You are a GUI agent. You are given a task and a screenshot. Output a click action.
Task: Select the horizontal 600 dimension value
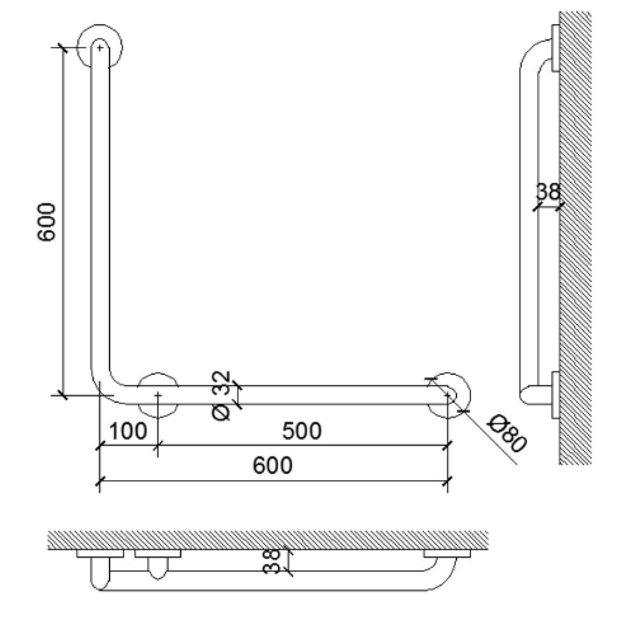(x=272, y=466)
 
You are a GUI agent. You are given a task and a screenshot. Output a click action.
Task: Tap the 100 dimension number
(x=129, y=431)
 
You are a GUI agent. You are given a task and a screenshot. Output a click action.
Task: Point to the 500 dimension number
(x=302, y=431)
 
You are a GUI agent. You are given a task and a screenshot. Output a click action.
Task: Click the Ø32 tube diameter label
(x=223, y=397)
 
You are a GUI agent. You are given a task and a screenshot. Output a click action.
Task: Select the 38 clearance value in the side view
(x=548, y=193)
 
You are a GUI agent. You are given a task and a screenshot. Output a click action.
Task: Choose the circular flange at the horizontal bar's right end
(x=449, y=394)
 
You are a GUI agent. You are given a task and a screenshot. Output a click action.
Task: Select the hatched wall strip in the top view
(x=266, y=540)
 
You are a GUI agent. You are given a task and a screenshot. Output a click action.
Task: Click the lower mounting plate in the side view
(x=555, y=394)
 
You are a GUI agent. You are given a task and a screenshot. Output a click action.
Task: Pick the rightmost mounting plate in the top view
(x=447, y=553)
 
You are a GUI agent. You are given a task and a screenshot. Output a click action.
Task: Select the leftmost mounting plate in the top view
(x=101, y=553)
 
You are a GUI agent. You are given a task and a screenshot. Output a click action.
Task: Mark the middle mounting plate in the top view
(x=158, y=553)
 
